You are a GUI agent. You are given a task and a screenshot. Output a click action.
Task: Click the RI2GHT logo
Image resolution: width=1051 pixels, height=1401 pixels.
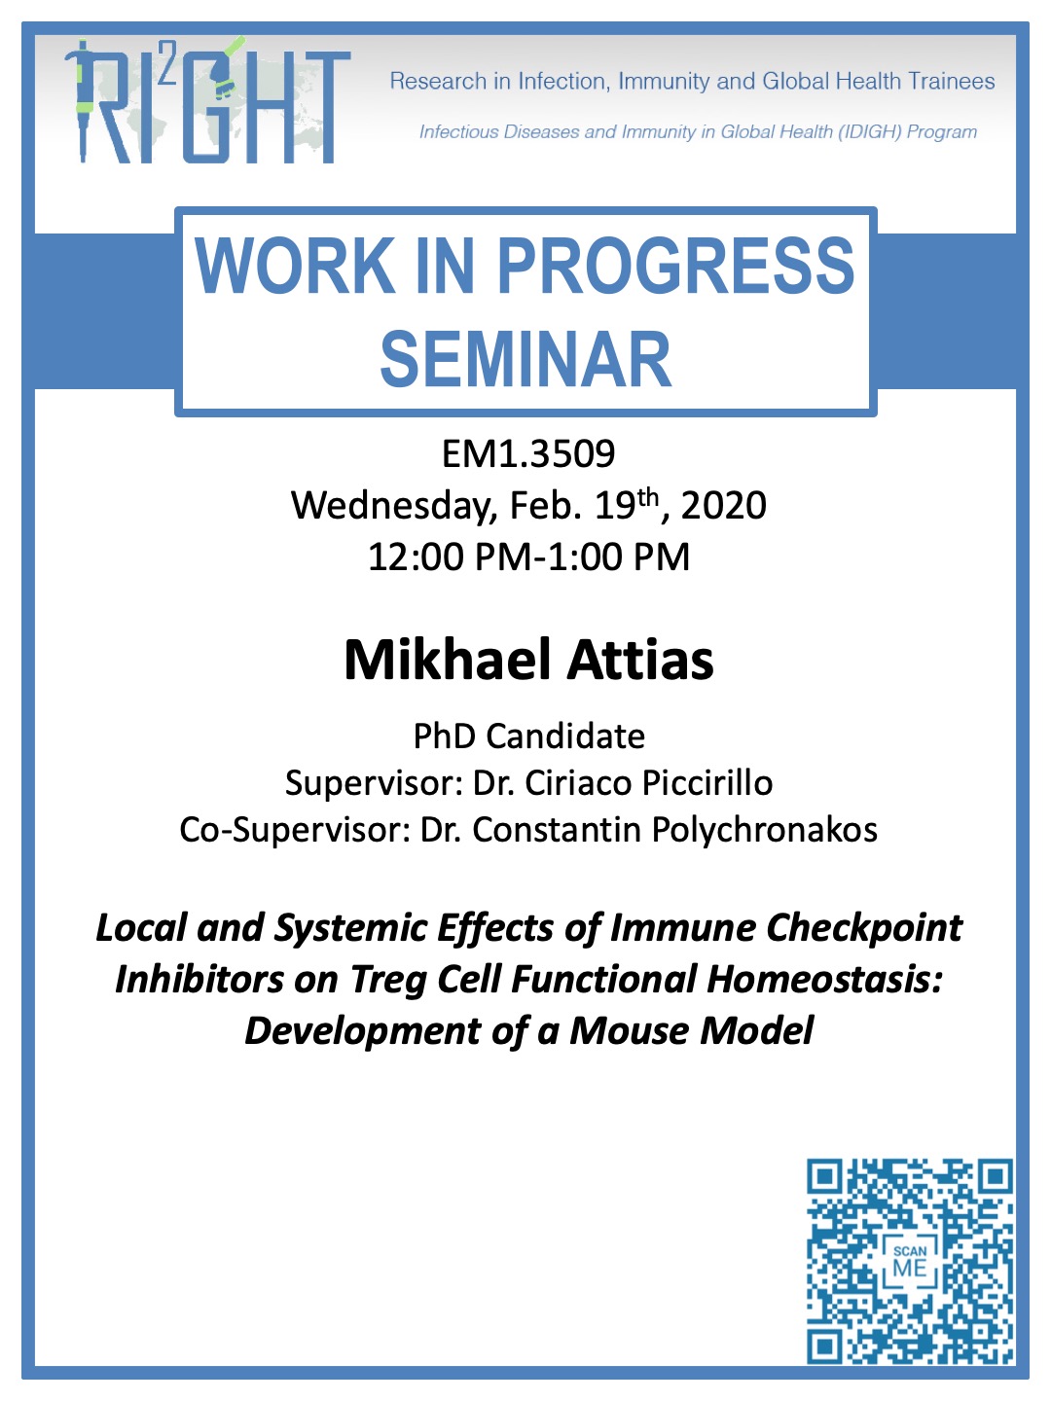click(x=207, y=101)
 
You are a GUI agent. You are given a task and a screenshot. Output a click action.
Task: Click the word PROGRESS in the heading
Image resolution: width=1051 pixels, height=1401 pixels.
click(x=675, y=265)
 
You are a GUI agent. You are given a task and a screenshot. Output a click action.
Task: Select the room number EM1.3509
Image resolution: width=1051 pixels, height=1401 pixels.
click(x=528, y=453)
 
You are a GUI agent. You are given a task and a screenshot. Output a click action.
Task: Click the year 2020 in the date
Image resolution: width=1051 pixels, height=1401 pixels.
click(x=723, y=506)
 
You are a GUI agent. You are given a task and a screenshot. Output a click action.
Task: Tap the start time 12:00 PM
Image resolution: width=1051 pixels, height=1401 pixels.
click(x=450, y=557)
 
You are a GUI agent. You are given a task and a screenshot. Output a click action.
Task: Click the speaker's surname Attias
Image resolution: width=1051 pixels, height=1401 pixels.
click(x=640, y=661)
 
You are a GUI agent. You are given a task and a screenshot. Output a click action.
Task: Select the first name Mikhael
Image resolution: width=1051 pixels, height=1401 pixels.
click(x=448, y=660)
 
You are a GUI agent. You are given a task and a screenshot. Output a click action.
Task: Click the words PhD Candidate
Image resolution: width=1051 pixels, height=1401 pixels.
click(x=529, y=736)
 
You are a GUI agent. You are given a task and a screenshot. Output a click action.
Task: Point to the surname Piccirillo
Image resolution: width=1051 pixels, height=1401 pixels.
click(x=707, y=783)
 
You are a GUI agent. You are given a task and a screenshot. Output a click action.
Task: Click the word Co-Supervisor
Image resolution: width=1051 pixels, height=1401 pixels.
click(x=295, y=831)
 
